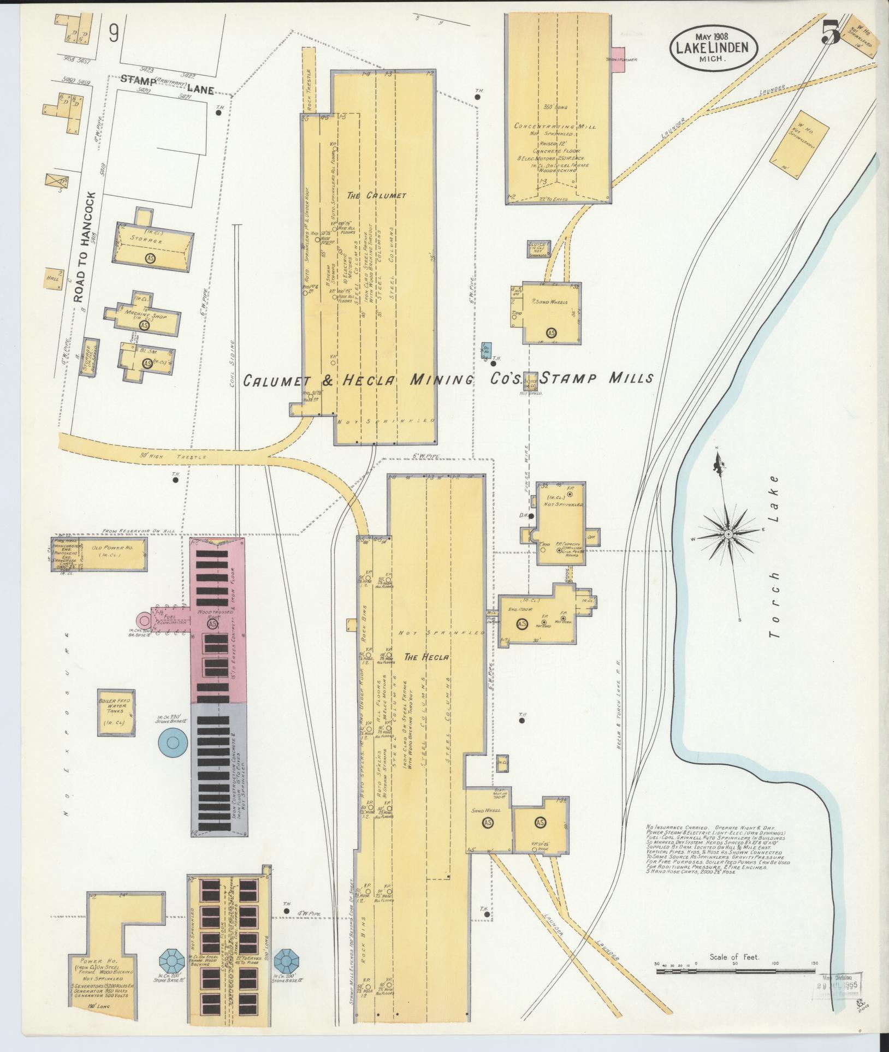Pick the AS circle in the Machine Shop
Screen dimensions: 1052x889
pyautogui.click(x=144, y=325)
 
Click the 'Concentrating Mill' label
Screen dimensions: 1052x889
pyautogui.click(x=554, y=126)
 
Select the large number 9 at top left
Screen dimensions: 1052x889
pyautogui.click(x=114, y=34)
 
